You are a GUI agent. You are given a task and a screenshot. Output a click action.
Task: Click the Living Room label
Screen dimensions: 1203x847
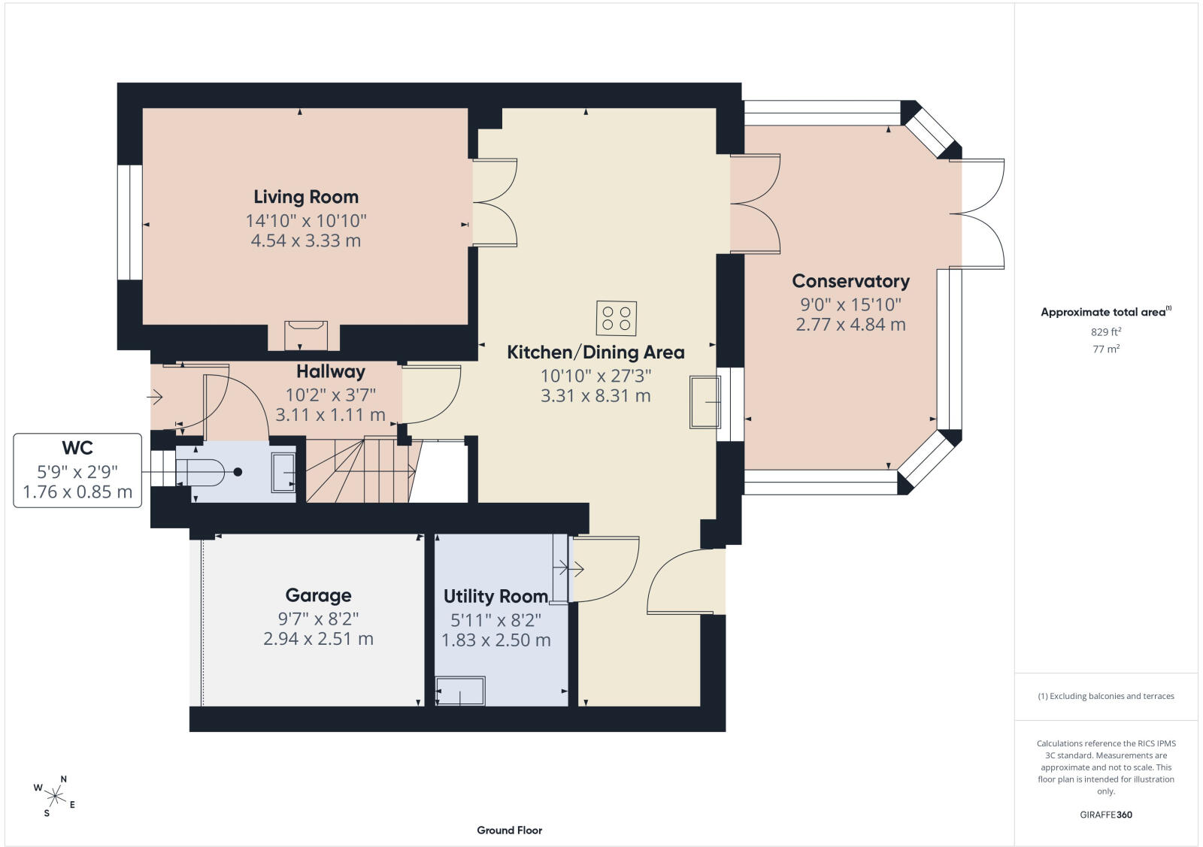pyautogui.click(x=306, y=197)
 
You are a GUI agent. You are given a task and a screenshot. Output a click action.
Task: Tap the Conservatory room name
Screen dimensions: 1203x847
pyautogui.click(x=850, y=281)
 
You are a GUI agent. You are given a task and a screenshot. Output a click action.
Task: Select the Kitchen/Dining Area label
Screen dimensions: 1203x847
pyautogui.click(x=595, y=352)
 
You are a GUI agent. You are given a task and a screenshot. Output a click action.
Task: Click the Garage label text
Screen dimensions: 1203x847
pyautogui.click(x=319, y=595)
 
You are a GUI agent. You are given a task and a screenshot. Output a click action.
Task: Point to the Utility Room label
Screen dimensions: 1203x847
pyautogui.click(x=495, y=596)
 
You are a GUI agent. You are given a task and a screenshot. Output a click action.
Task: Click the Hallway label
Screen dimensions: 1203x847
pyautogui.click(x=331, y=371)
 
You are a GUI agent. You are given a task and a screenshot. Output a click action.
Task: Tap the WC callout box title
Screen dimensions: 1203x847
pyautogui.click(x=77, y=448)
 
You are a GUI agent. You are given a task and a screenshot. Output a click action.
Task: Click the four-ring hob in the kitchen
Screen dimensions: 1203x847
pyautogui.click(x=617, y=319)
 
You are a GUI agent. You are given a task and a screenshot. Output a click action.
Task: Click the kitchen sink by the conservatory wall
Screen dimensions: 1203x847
pyautogui.click(x=705, y=402)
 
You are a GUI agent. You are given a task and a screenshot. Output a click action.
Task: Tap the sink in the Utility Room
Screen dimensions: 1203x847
pyautogui.click(x=460, y=691)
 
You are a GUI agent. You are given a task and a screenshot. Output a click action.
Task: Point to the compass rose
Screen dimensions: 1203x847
pyautogui.click(x=55, y=796)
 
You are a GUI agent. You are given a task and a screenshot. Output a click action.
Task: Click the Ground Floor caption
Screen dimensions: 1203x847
pyautogui.click(x=510, y=830)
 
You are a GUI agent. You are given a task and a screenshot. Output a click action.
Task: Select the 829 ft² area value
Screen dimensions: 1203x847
pyautogui.click(x=1106, y=331)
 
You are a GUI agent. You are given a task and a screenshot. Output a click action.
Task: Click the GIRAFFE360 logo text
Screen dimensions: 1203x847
pyautogui.click(x=1106, y=814)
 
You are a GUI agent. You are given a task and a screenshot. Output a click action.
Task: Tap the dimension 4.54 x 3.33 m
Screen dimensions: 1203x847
pyautogui.click(x=306, y=240)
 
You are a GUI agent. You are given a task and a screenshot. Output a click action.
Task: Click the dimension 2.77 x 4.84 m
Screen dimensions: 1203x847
pyautogui.click(x=850, y=324)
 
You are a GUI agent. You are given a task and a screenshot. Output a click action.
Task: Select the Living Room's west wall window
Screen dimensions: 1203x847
pyautogui.click(x=130, y=222)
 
